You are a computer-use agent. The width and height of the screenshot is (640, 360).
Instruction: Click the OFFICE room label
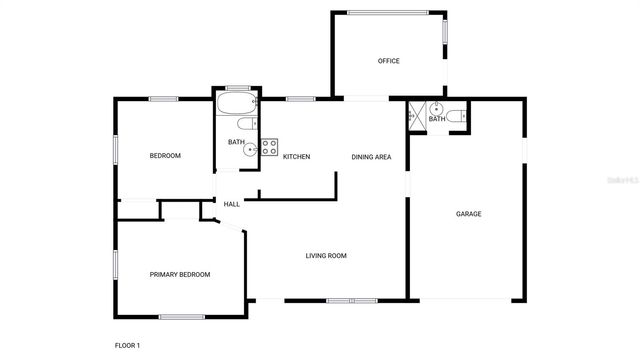(388, 61)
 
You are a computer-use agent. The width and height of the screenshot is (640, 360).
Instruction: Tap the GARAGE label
(469, 214)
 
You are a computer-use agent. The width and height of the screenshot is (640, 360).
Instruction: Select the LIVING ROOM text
(326, 256)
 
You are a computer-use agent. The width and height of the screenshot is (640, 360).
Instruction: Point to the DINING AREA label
(371, 157)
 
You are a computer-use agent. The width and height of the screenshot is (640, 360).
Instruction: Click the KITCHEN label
(296, 157)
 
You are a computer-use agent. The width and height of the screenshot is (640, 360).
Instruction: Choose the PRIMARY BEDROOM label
(180, 274)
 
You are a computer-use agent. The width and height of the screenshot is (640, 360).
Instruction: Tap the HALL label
(231, 204)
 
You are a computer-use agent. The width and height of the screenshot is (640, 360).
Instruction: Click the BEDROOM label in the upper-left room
(165, 155)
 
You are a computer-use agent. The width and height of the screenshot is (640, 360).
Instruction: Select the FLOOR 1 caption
(127, 345)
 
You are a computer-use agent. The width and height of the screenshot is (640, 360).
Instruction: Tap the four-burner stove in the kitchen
(269, 146)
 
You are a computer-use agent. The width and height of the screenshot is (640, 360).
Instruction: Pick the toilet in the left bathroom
(246, 125)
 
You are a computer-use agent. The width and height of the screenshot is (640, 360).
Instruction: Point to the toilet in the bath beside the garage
(453, 116)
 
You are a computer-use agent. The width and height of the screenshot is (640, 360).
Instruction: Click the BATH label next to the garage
(437, 120)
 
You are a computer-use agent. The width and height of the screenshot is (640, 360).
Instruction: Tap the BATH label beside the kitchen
(236, 142)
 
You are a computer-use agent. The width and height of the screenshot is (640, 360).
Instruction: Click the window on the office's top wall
(388, 12)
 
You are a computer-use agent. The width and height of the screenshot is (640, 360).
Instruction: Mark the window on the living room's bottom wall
(352, 300)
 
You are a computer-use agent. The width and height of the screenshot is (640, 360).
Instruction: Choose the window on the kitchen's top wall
(301, 98)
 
